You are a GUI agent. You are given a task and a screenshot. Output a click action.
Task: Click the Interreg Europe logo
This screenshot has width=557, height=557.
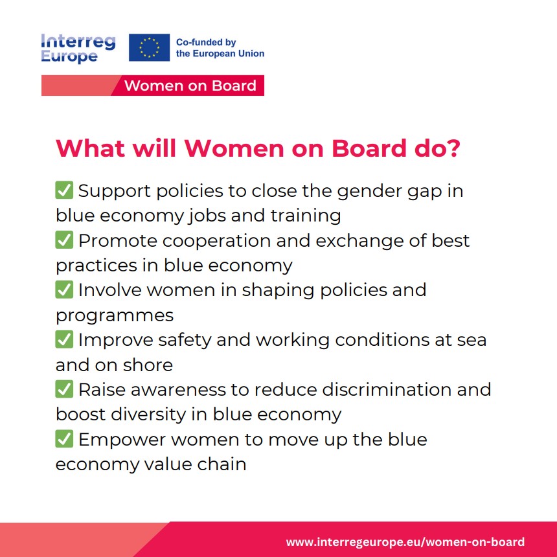point(78,49)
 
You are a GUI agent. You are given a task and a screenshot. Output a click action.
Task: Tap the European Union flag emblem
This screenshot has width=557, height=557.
point(149,47)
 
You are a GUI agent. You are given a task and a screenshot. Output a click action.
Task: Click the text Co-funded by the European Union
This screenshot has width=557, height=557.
point(220,48)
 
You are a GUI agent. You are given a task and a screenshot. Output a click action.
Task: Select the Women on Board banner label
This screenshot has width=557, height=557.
point(190,85)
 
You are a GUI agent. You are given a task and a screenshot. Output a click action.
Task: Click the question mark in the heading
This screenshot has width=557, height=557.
point(452,148)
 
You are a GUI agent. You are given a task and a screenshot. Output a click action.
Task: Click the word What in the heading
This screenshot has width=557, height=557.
point(91,148)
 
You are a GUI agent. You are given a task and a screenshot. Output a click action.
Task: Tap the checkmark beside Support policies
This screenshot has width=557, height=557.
point(64,190)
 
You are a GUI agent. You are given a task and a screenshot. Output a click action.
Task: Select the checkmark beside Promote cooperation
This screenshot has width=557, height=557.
point(64,240)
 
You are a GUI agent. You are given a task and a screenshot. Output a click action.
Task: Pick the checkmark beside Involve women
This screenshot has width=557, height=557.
point(64,290)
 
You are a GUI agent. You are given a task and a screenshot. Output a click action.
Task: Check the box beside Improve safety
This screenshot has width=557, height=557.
point(64,339)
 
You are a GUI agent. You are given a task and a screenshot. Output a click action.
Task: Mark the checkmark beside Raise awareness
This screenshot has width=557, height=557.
point(64,389)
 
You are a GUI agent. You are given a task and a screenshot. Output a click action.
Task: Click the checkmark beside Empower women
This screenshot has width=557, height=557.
point(64,438)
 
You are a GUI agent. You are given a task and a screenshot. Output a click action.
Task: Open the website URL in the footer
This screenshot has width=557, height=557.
point(405,541)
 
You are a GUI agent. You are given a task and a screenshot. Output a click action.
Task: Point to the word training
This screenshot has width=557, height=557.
point(306,216)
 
